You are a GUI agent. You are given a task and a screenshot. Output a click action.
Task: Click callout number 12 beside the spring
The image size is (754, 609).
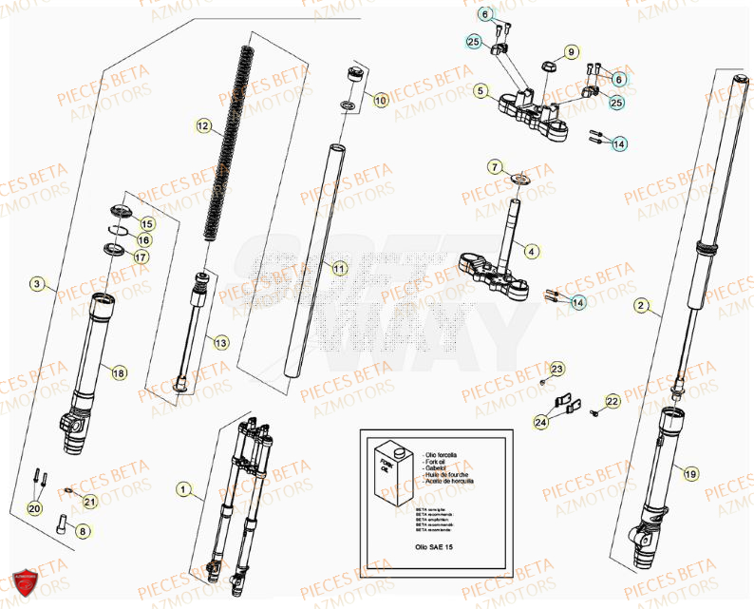pyautogui.click(x=202, y=125)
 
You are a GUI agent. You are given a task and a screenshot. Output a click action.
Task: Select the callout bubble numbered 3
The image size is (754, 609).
pyautogui.click(x=37, y=284)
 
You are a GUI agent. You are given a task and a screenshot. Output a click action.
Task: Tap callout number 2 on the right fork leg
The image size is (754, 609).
pyautogui.click(x=642, y=306)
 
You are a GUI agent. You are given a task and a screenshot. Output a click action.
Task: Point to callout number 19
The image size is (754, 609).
pyautogui.click(x=690, y=473)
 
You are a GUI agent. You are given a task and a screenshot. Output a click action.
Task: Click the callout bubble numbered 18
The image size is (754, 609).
pyautogui.click(x=119, y=373)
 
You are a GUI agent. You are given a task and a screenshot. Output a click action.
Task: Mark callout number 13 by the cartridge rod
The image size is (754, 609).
pyautogui.click(x=220, y=342)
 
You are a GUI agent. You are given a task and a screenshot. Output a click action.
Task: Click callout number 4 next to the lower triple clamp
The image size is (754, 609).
pyautogui.click(x=532, y=252)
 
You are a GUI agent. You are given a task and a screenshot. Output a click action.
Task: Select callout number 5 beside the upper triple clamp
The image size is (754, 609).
pyautogui.click(x=481, y=92)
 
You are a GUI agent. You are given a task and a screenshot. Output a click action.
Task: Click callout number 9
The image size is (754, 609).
pyautogui.click(x=571, y=51)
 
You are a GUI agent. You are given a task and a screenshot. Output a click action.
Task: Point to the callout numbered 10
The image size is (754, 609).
pyautogui.click(x=380, y=100)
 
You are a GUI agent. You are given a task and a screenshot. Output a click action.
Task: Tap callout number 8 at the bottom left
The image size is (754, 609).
pyautogui.click(x=83, y=532)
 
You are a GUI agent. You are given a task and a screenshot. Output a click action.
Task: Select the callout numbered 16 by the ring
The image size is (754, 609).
pyautogui.click(x=144, y=240)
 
